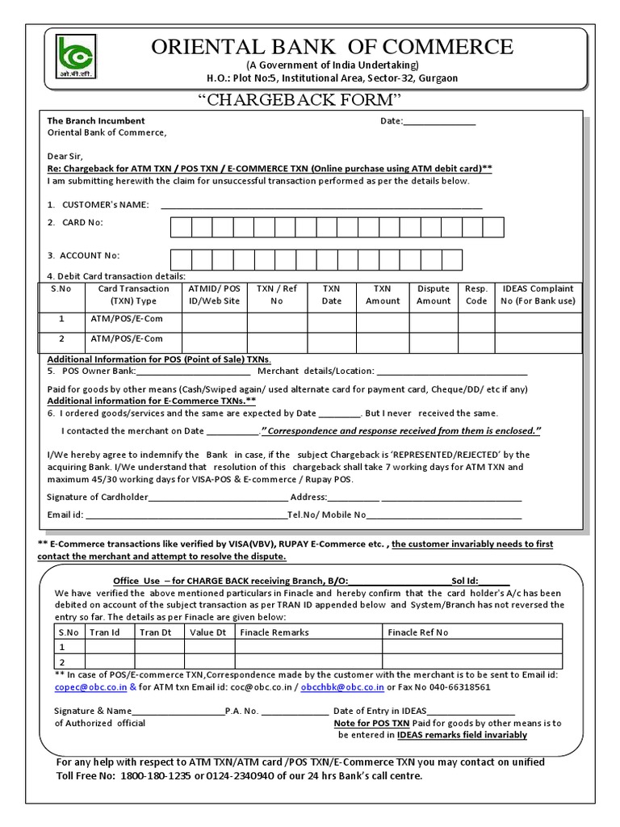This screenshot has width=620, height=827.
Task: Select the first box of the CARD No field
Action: pos(181,227)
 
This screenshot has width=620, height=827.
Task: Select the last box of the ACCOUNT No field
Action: pos(452,259)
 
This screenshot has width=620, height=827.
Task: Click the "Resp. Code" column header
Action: pos(476,295)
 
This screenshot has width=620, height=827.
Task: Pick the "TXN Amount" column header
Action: pos(383,295)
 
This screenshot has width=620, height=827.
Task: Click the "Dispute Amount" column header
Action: pos(434,295)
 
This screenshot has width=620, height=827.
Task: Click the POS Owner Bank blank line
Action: pos(193,372)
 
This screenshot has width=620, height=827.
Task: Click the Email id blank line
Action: pos(186,514)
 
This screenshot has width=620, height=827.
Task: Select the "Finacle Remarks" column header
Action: pos(274,632)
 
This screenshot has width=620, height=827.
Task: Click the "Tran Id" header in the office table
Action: pos(105,632)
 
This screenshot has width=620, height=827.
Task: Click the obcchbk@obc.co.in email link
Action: pos(345,687)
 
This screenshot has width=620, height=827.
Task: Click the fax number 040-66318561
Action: pos(458,687)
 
